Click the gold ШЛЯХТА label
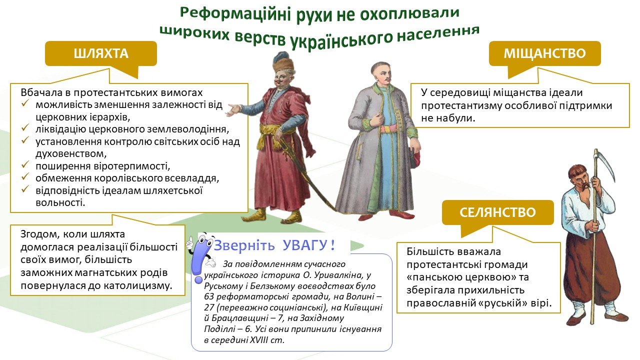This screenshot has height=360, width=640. tap(101, 53)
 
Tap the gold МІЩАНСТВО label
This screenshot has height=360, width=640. tap(545, 53)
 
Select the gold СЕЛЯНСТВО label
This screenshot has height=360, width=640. tap(497, 212)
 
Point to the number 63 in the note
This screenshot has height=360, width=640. tap(209, 297)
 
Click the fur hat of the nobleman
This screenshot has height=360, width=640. tap(283, 63)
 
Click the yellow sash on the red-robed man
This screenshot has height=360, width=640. tap(273, 135)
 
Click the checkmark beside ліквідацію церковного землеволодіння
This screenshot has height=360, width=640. tap(25, 128)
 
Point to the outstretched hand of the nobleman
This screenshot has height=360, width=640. tap(233, 110)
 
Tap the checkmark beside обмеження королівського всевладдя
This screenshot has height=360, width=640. tap(25, 177)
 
